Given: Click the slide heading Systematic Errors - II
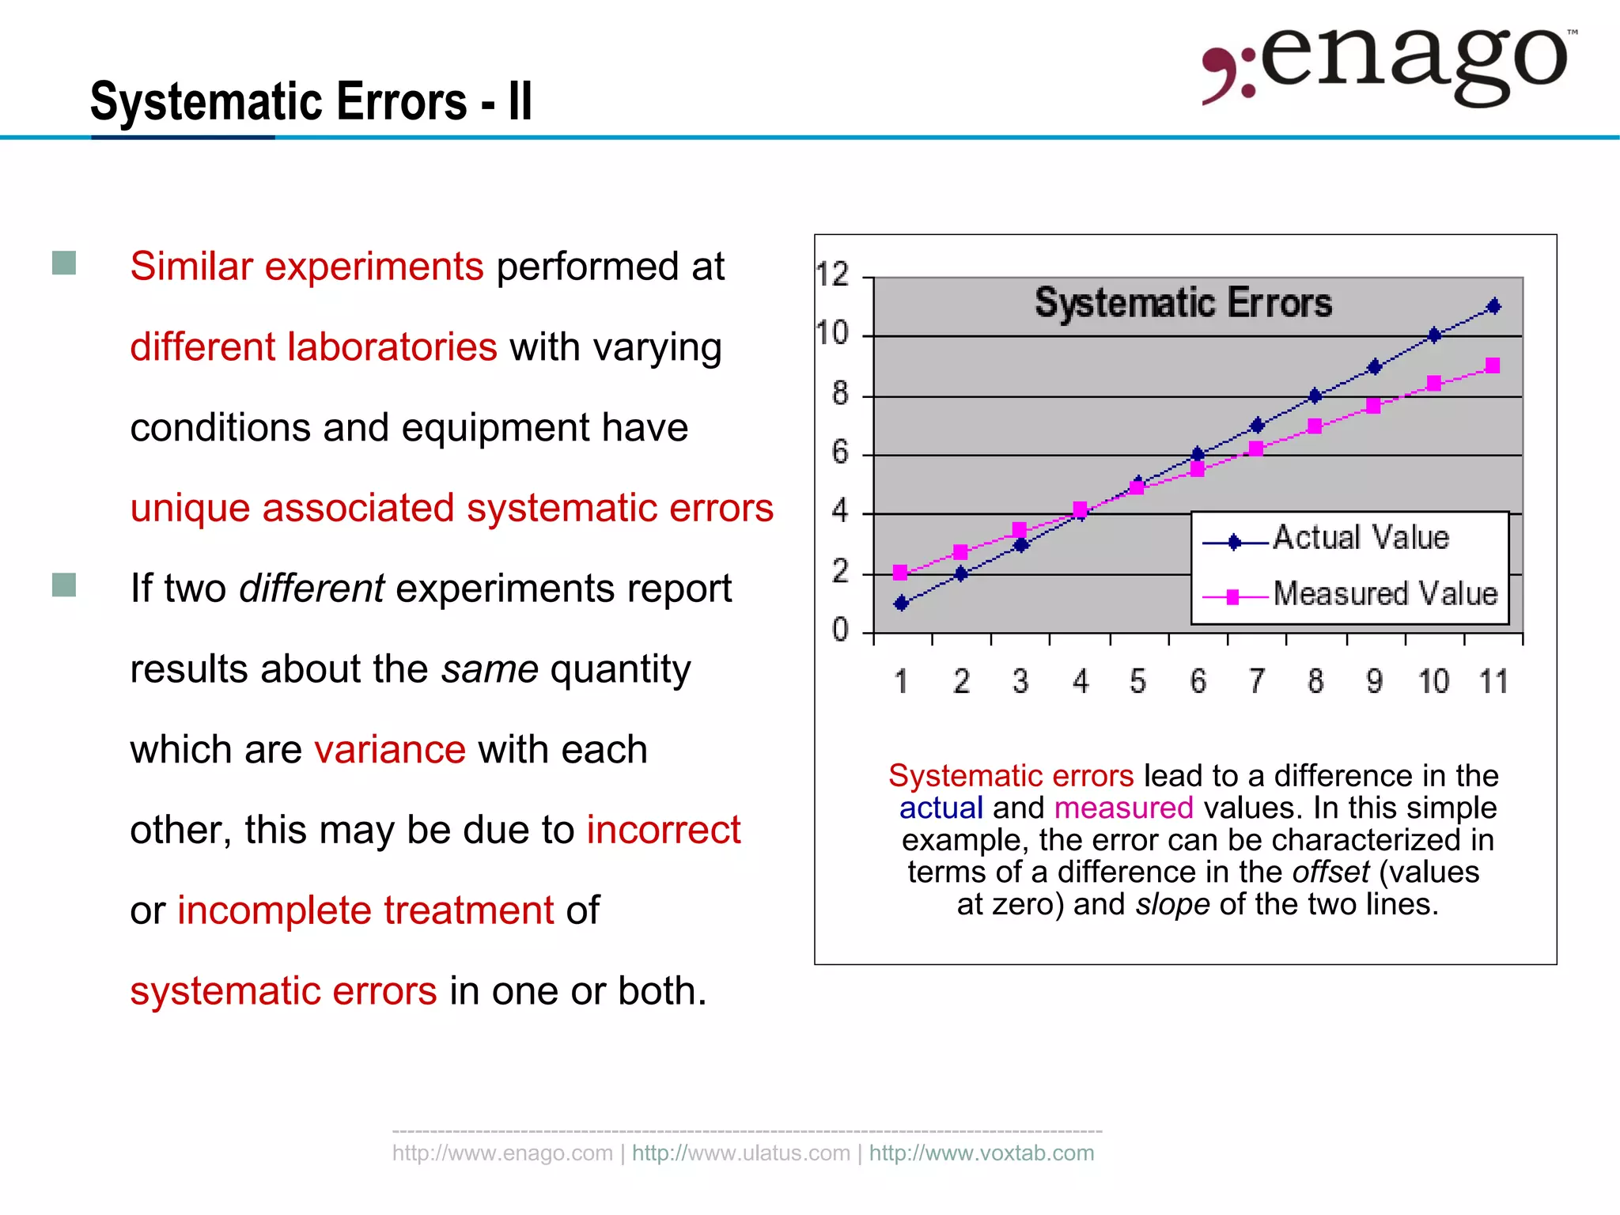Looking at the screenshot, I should pyautogui.click(x=311, y=101).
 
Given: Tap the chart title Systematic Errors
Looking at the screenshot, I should pyautogui.click(x=1183, y=303).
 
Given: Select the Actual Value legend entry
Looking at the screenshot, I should pyautogui.click(x=1360, y=538).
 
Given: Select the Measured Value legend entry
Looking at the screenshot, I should pyautogui.click(x=1384, y=594).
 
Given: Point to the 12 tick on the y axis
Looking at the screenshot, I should pyautogui.click(x=832, y=274).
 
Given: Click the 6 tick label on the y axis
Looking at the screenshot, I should pyautogui.click(x=839, y=452).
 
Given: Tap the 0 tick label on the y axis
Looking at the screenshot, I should pyautogui.click(x=839, y=630).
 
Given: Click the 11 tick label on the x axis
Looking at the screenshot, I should pyautogui.click(x=1493, y=682).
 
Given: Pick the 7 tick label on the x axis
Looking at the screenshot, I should pyautogui.click(x=1257, y=682).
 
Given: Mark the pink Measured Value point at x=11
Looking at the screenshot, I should pyautogui.click(x=1493, y=365).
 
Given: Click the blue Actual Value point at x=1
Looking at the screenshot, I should pyautogui.click(x=901, y=604).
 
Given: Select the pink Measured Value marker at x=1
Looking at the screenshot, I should pyautogui.click(x=900, y=572).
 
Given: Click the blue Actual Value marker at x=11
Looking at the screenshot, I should pyautogui.click(x=1493, y=306).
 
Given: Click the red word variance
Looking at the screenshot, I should pyautogui.click(x=390, y=749).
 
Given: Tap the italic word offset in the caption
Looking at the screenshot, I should pyautogui.click(x=1330, y=872).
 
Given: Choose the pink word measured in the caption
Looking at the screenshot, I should pyautogui.click(x=1123, y=808).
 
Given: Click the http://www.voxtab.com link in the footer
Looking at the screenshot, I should pyautogui.click(x=982, y=1153).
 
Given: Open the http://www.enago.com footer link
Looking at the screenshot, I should pyautogui.click(x=502, y=1153).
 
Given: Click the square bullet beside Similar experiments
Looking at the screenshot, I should pyautogui.click(x=64, y=263).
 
